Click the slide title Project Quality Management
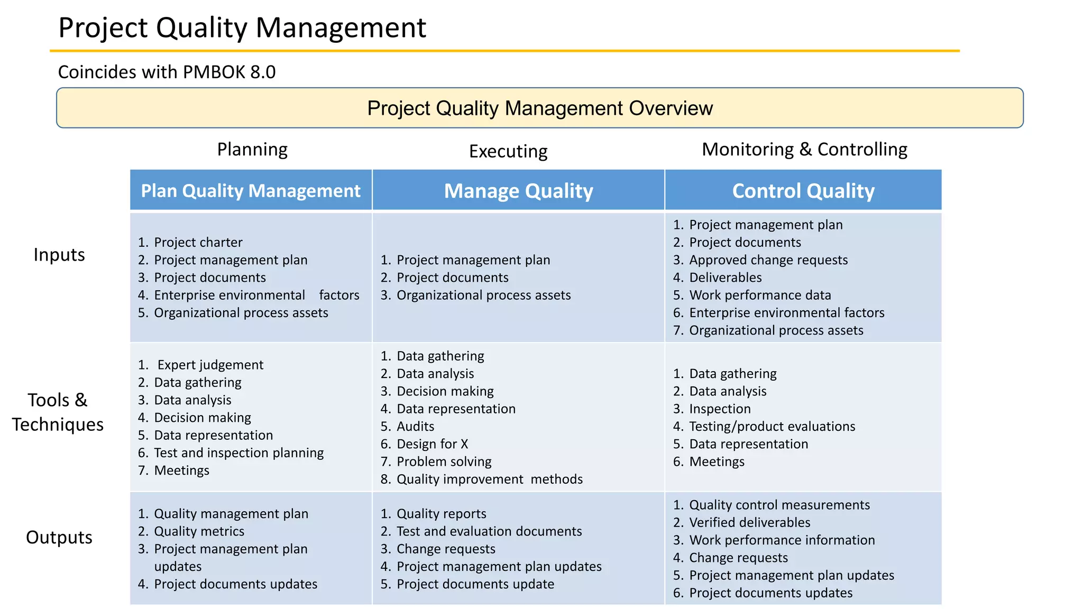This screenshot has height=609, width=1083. pyautogui.click(x=242, y=27)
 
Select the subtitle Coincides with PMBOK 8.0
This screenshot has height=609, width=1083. pyautogui.click(x=167, y=72)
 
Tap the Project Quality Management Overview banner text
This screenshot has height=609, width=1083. pyautogui.click(x=540, y=108)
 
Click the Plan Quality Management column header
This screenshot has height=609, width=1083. pyautogui.click(x=251, y=191)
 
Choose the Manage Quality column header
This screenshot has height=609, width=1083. pyautogui.click(x=518, y=191)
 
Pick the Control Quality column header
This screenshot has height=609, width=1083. pyautogui.click(x=803, y=191)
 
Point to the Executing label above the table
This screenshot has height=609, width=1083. pyautogui.click(x=508, y=151)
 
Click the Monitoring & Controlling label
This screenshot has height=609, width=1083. pyautogui.click(x=804, y=150)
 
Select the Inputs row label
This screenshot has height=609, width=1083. pyautogui.click(x=59, y=255)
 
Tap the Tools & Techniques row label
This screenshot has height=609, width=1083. pyautogui.click(x=58, y=412)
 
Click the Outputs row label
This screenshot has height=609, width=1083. pyautogui.click(x=59, y=537)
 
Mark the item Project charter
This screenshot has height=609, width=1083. pyautogui.click(x=198, y=243)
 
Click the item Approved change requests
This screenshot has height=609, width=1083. pyautogui.click(x=768, y=260)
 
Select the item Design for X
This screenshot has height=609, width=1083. pyautogui.click(x=432, y=444)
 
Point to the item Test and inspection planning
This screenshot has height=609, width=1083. pyautogui.click(x=238, y=453)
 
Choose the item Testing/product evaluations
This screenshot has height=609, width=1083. pyautogui.click(x=772, y=427)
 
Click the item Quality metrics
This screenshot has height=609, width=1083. pyautogui.click(x=199, y=531)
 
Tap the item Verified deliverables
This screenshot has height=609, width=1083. pyautogui.click(x=749, y=523)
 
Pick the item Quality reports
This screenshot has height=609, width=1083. pyautogui.click(x=441, y=514)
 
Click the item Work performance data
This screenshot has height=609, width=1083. pyautogui.click(x=760, y=295)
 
